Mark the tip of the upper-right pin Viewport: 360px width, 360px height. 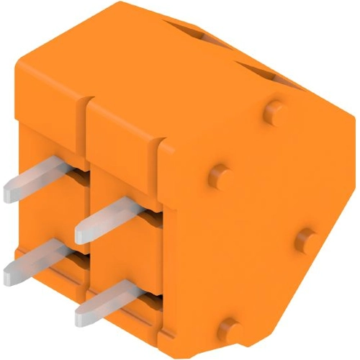click(81, 233)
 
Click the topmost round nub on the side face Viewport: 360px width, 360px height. click(273, 109)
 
